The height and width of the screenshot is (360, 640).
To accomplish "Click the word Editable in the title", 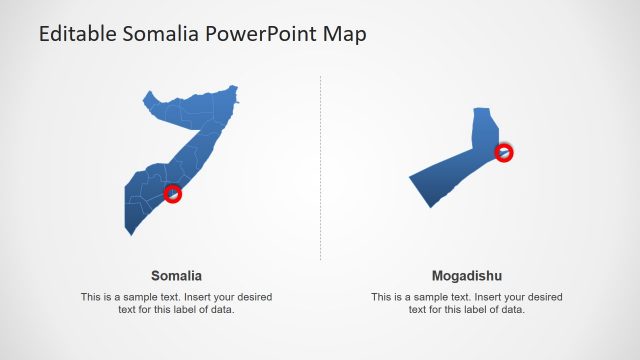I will pos(76,34).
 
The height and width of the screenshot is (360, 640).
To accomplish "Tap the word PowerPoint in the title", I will pos(263,34).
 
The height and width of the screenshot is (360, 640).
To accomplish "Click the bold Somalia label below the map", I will pos(177,275).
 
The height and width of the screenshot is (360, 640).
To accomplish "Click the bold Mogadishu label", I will pos(467,275).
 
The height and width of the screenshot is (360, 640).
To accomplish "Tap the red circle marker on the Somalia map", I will pos(173,193).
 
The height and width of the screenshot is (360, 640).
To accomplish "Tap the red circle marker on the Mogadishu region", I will pos(504,152).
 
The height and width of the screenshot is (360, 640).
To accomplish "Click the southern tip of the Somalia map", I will pos(129,234).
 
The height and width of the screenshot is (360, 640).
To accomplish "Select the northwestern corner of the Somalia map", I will pos(146,96).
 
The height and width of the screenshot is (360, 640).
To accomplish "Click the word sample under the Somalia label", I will pos(149,297).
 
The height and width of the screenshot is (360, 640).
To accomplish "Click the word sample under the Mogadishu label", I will pos(440,297).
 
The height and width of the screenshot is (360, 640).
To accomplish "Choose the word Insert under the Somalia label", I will pos(200,297).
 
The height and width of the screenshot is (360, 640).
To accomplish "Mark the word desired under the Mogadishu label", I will pos(541,297).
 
